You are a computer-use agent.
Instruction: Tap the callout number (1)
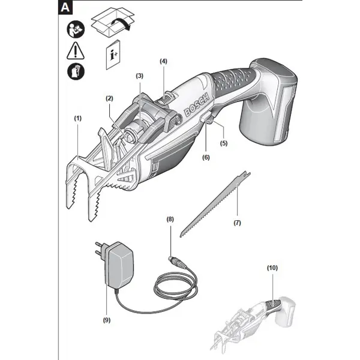pyautogui.click(x=77, y=119)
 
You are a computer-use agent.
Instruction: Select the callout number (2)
pyautogui.click(x=109, y=98)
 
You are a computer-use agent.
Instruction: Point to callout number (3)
pyautogui.click(x=140, y=76)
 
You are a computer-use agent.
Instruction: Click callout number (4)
pyautogui.click(x=164, y=61)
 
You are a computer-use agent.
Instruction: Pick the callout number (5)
pyautogui.click(x=224, y=143)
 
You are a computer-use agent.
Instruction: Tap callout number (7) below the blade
pyautogui.click(x=236, y=223)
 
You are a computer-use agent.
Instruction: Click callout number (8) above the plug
pyautogui.click(x=170, y=220)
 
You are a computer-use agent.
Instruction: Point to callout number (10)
pyautogui.click(x=272, y=268)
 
